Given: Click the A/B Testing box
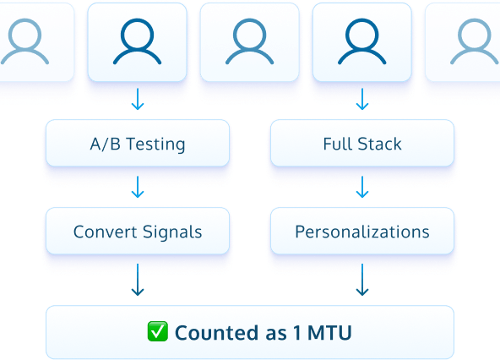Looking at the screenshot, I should [x=137, y=143].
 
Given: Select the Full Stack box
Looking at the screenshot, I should [x=361, y=143].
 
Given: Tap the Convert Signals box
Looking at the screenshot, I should [x=137, y=232].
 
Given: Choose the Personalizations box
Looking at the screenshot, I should [x=361, y=232].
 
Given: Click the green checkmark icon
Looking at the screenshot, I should [x=158, y=332].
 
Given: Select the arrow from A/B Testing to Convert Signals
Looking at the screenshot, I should [x=138, y=188].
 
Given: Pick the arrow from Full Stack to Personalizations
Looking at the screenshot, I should [x=362, y=188].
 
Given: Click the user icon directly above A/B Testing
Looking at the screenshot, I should [x=138, y=42].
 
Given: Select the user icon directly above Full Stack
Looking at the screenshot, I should [x=362, y=42].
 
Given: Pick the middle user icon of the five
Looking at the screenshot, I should [x=250, y=42].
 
